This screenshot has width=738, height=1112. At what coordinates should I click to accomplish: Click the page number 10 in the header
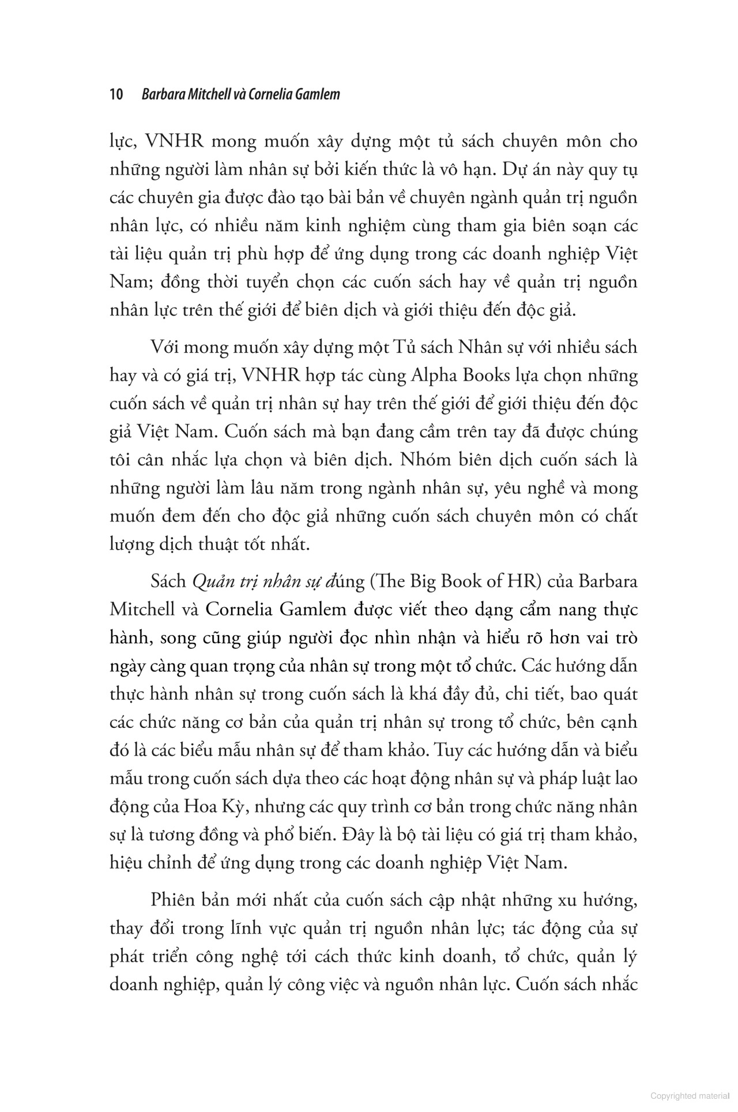tap(117, 94)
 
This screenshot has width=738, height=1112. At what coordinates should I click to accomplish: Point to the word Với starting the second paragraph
tap(164, 347)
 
